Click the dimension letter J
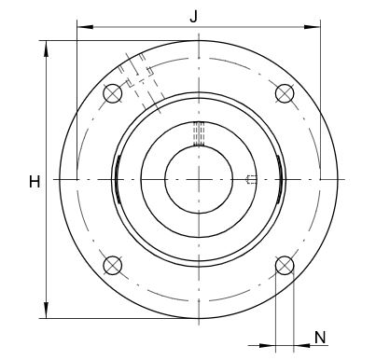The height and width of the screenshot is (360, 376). (x=193, y=17)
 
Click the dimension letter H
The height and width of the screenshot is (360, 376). (x=35, y=182)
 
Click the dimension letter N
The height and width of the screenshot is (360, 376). (x=320, y=338)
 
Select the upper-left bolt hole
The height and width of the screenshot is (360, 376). (x=112, y=93)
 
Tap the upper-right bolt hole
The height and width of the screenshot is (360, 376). (x=285, y=93)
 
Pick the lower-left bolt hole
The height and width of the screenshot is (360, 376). (x=112, y=266)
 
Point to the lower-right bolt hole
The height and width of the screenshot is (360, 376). (x=285, y=266)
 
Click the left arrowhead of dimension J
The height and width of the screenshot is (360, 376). (x=85, y=27)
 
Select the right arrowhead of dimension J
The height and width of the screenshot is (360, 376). (x=312, y=27)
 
